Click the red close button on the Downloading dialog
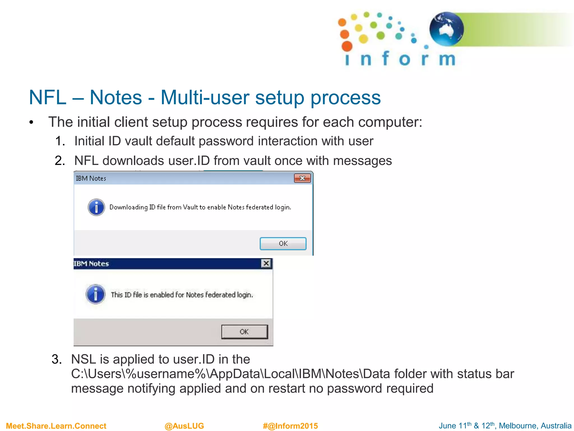pyautogui.click(x=302, y=178)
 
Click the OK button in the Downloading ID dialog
pyautogui.click(x=283, y=244)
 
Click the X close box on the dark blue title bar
pyautogui.click(x=266, y=263)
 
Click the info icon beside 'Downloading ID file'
pyautogui.click(x=96, y=207)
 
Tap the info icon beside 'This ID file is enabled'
pyautogui.click(x=96, y=294)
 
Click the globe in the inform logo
pyautogui.click(x=446, y=29)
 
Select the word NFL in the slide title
pyautogui.click(x=47, y=98)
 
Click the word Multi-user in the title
pyautogui.click(x=205, y=98)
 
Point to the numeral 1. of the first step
pyautogui.click(x=60, y=141)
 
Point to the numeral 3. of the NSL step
pyautogui.click(x=57, y=359)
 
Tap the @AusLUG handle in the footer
pyautogui.click(x=184, y=426)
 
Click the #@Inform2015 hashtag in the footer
pyautogui.click(x=290, y=426)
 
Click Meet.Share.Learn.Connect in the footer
pyautogui.click(x=56, y=426)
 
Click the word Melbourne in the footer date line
pyautogui.click(x=517, y=426)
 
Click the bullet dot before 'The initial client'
pyautogui.click(x=31, y=123)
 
